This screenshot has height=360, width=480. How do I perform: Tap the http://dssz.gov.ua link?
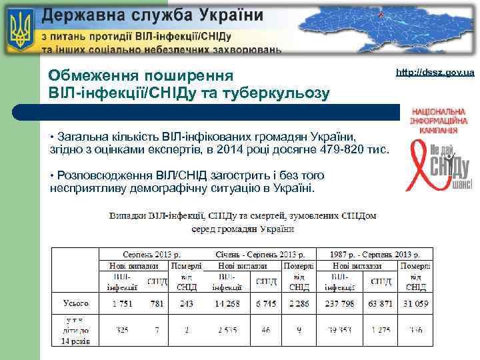click(x=435, y=72)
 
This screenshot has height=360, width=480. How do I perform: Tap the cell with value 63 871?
click(x=381, y=303)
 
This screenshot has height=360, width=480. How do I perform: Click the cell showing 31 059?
click(x=415, y=303)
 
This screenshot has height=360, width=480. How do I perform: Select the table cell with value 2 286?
click(x=299, y=303)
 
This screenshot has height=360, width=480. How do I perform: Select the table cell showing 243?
click(x=187, y=303)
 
